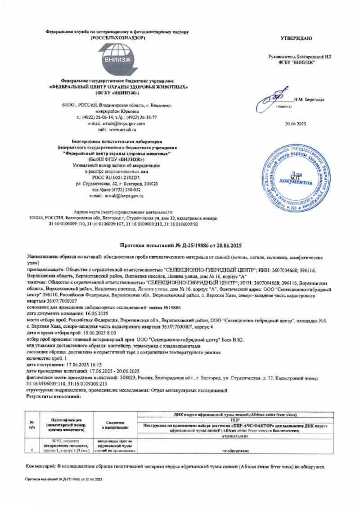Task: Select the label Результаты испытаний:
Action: [54, 397]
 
